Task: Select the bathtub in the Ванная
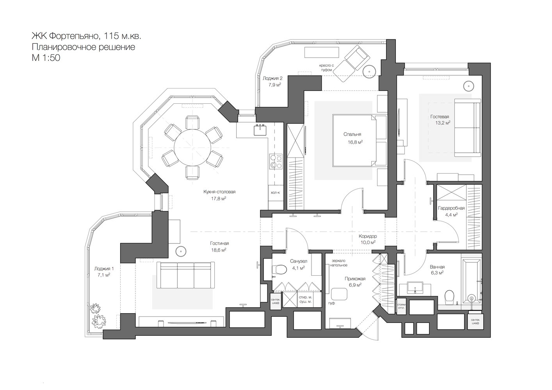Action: (472, 281)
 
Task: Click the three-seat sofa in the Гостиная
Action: (185, 275)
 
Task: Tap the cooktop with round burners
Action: (276, 161)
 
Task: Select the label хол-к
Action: (275, 193)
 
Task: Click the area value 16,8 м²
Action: (355, 142)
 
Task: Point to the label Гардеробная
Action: (451, 208)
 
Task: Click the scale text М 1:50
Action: (46, 58)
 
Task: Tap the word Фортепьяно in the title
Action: (75, 36)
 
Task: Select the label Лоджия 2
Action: (272, 78)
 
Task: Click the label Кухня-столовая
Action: (219, 191)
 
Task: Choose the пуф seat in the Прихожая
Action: (339, 294)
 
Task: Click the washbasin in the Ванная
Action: (415, 288)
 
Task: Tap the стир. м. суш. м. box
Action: (305, 300)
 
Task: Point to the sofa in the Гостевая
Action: (467, 128)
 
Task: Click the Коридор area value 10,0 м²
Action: (367, 243)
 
